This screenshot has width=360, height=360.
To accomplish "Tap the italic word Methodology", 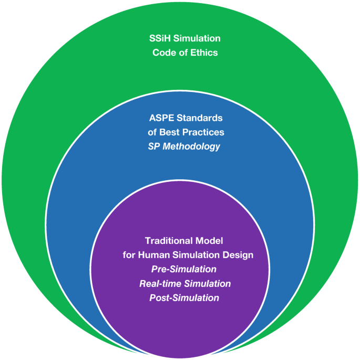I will tap(191, 146).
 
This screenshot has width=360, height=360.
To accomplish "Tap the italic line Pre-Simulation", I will tap(184, 270).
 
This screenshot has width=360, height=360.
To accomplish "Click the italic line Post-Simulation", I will tap(184, 298).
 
